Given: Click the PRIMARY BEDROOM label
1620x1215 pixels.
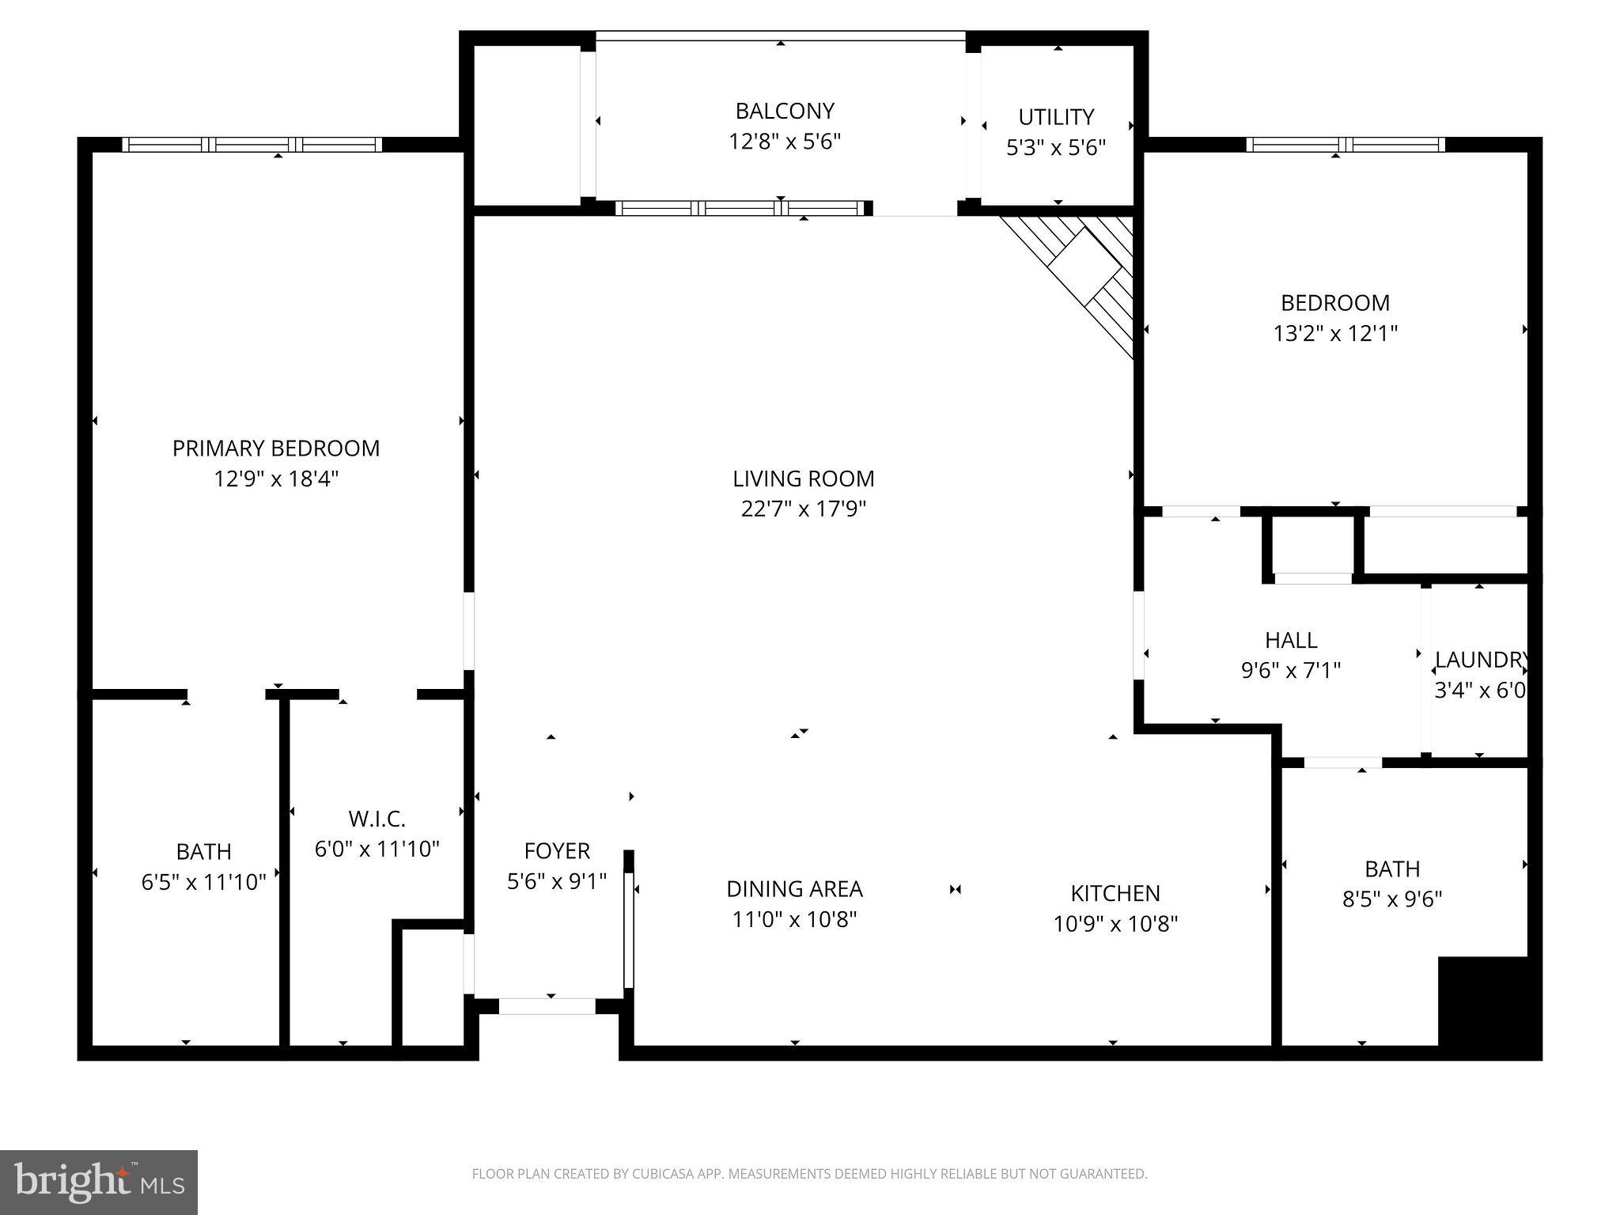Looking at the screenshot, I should pyautogui.click(x=276, y=449).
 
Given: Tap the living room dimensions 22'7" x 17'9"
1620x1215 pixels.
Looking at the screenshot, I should pyautogui.click(x=803, y=509).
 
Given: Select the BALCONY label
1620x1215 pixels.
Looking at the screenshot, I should pyautogui.click(x=785, y=111).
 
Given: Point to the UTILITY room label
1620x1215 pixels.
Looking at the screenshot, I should pyautogui.click(x=1056, y=117).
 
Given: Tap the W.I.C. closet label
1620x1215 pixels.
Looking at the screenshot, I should pyautogui.click(x=377, y=819).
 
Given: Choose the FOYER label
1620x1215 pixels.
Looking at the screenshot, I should pyautogui.click(x=557, y=851).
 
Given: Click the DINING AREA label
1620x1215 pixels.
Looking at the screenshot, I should pyautogui.click(x=794, y=889).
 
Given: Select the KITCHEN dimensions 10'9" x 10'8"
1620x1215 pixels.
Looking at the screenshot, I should pyautogui.click(x=1115, y=924).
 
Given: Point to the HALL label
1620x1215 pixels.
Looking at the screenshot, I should pyautogui.click(x=1291, y=640).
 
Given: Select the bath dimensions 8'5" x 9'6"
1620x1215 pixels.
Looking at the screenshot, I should pyautogui.click(x=1392, y=899).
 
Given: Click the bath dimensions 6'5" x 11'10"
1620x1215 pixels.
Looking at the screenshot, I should pyautogui.click(x=203, y=882).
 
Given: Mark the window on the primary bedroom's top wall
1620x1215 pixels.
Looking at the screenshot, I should pyautogui.click(x=252, y=145).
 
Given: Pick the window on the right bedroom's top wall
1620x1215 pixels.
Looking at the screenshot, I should pyautogui.click(x=1346, y=145).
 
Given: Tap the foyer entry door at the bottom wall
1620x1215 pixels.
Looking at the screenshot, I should pyautogui.click(x=547, y=1007).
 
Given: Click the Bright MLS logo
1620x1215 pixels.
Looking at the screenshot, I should pyautogui.click(x=99, y=1182).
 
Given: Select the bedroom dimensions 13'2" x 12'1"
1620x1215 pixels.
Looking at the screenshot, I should pyautogui.click(x=1335, y=333).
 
